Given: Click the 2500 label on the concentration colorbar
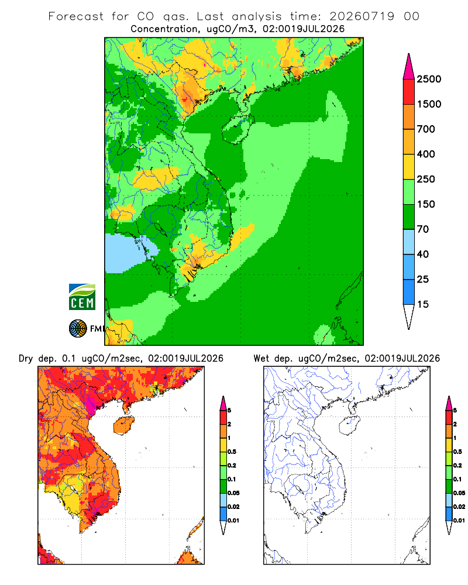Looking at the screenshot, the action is (429, 79).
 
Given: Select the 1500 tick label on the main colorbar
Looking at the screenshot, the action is (429, 104).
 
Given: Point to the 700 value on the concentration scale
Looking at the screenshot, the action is (426, 129).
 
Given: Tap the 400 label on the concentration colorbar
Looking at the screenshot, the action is (426, 154).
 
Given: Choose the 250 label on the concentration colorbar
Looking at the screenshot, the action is (426, 179).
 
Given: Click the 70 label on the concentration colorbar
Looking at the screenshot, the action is (423, 229).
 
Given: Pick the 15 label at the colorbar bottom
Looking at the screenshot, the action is (423, 304).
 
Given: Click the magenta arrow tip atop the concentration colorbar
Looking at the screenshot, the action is (409, 54).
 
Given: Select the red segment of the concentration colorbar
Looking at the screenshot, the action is (409, 92).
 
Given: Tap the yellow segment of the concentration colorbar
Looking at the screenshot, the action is (409, 167).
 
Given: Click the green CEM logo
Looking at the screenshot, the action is (82, 297).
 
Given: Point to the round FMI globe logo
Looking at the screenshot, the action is (78, 329).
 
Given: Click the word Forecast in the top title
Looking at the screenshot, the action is (76, 16).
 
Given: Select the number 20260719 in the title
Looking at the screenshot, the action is (362, 16).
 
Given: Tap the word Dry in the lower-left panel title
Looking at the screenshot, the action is (26, 359).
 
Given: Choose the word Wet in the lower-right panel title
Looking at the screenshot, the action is (261, 359).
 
